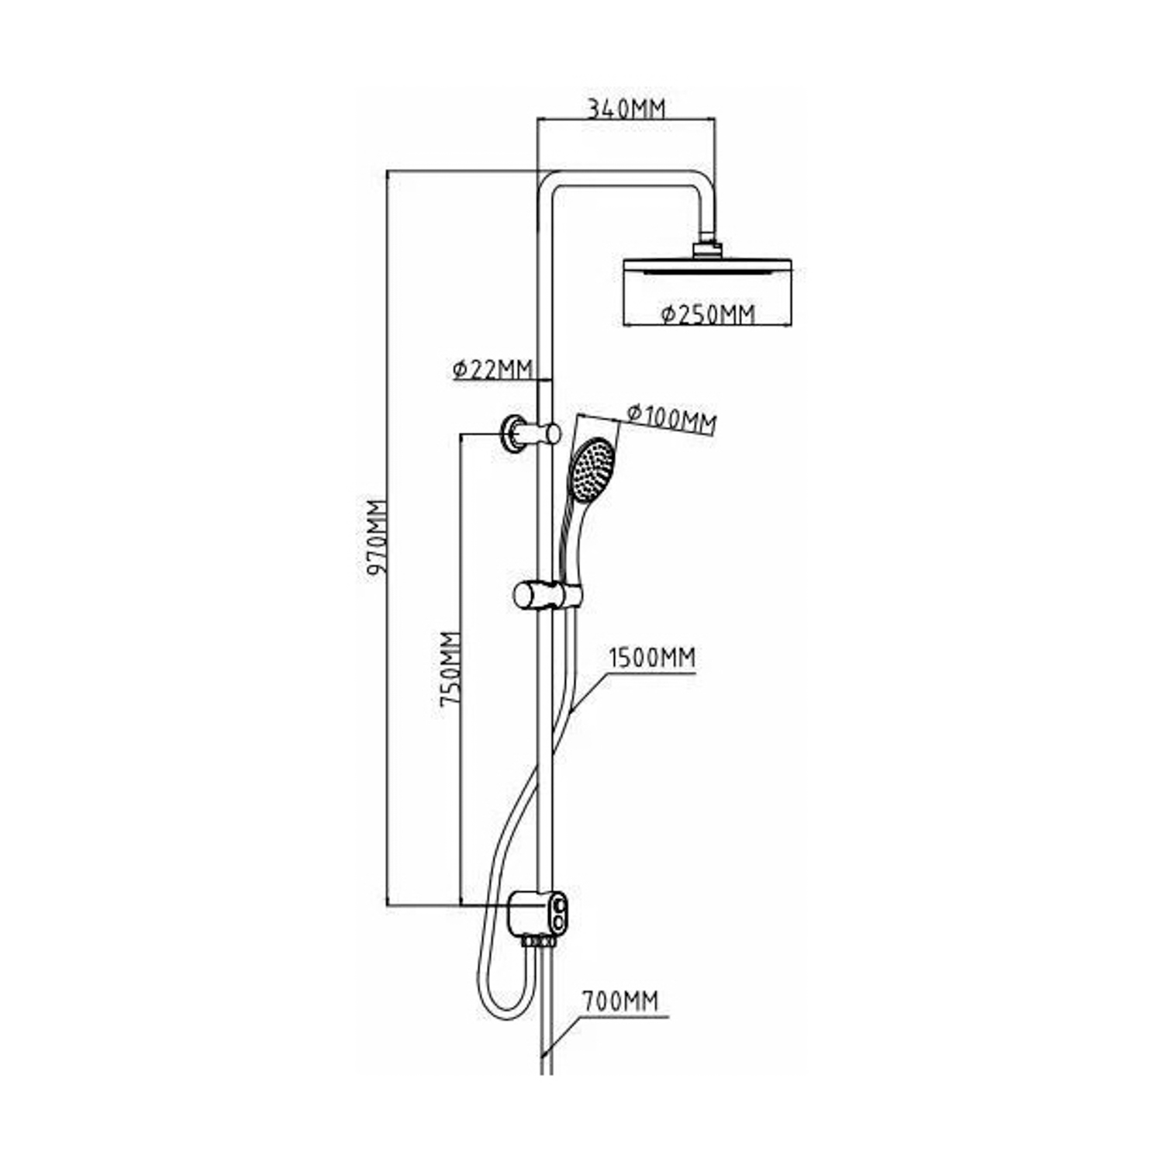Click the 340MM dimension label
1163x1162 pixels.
tap(625, 108)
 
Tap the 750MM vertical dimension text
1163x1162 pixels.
tap(450, 668)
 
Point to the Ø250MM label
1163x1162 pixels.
tap(707, 313)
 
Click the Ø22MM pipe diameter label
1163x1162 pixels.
tap(492, 368)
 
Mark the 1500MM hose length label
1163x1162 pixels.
tap(651, 659)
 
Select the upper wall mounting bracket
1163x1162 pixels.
tap(530, 433)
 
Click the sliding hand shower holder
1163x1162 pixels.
tap(546, 595)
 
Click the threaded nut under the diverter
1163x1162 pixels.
tap(539, 941)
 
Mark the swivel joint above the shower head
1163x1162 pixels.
tap(706, 247)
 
